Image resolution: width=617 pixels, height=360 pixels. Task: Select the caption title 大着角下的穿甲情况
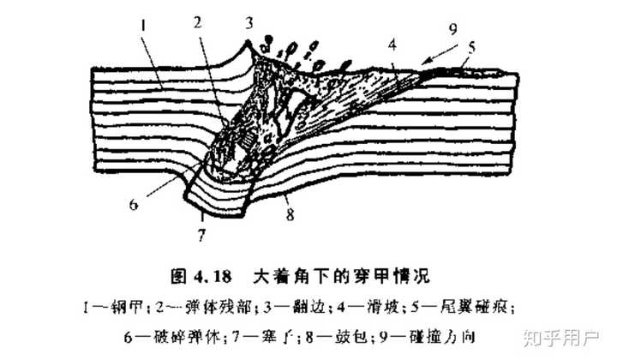[347, 277]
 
